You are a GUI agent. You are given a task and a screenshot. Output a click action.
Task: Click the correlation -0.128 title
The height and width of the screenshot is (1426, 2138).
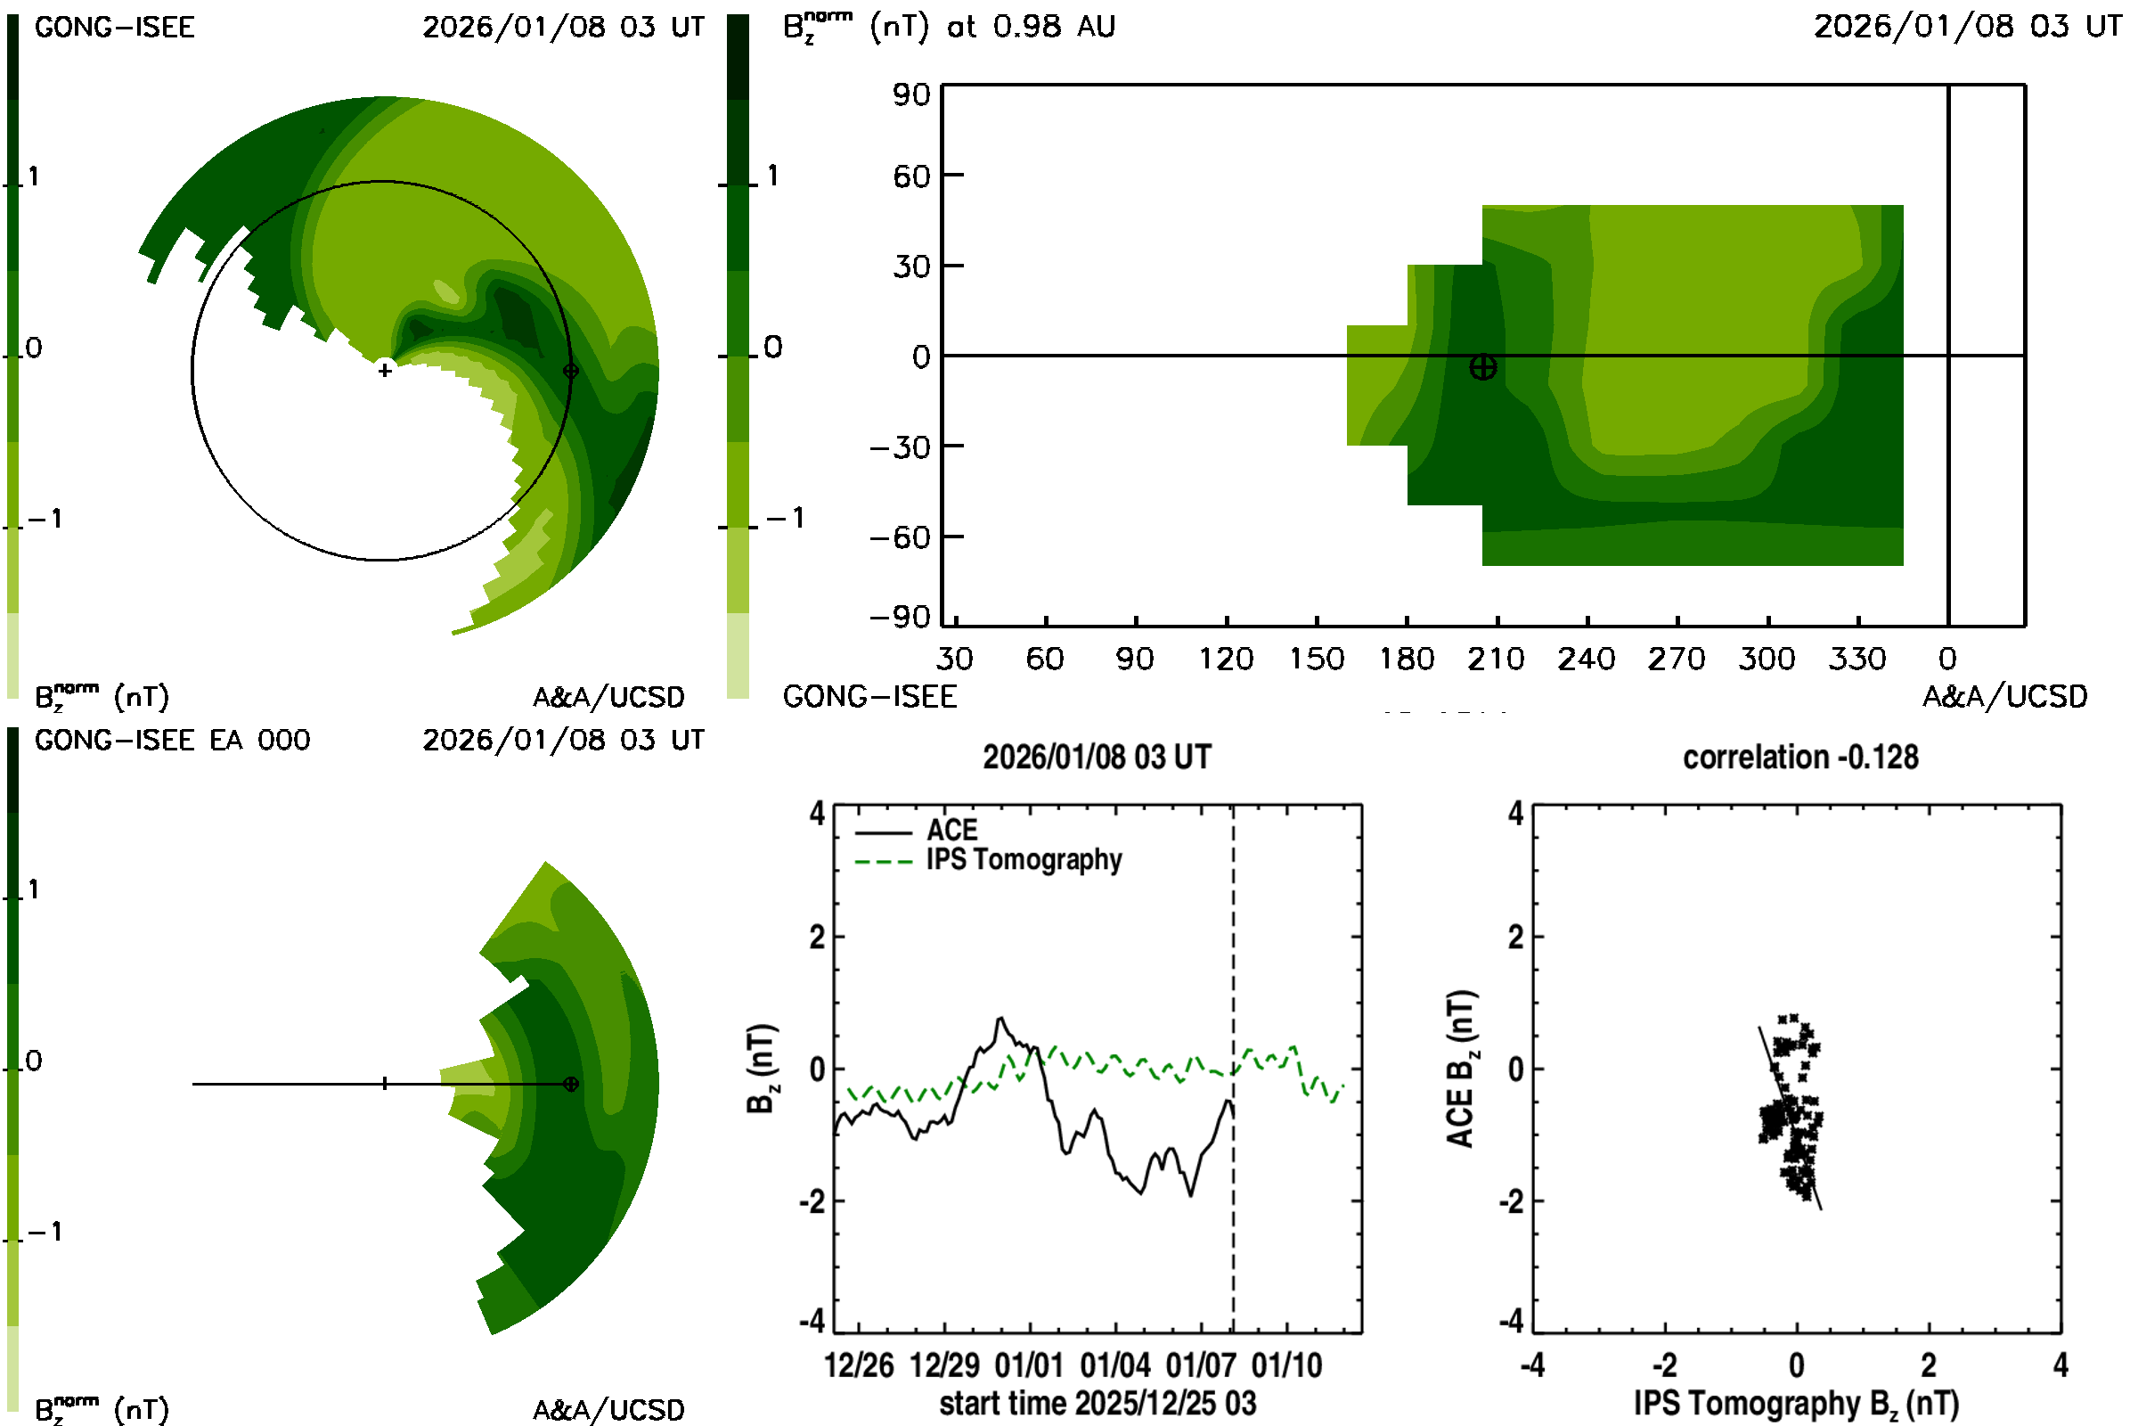pos(1799,758)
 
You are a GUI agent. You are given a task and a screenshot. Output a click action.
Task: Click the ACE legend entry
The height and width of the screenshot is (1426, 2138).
pos(951,831)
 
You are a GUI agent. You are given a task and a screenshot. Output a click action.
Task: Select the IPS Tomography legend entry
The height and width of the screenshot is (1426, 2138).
pos(1024,859)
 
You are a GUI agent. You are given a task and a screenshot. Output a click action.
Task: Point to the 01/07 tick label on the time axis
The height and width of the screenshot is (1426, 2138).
pos(1201,1365)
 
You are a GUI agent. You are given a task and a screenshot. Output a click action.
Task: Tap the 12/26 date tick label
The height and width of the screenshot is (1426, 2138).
pos(859,1365)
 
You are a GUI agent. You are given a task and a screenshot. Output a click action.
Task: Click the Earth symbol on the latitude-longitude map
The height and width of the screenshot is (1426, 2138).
pos(1482,367)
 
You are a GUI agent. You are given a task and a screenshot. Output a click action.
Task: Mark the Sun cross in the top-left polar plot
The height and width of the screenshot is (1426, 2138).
pos(386,370)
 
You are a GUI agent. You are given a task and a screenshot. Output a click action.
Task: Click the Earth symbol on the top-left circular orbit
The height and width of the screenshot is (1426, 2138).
pos(571,370)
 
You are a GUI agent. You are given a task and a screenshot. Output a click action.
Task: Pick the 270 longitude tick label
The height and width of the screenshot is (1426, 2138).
pos(1677,659)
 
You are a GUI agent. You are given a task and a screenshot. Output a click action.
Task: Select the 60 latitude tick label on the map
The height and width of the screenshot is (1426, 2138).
pos(911,176)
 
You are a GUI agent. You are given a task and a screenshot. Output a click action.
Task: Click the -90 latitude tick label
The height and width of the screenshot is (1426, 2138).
pos(901,618)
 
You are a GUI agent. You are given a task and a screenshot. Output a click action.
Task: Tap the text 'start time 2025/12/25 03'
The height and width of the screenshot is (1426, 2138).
pos(1098,1403)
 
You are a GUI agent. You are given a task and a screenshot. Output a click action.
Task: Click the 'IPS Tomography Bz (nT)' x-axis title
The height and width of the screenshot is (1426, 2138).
pos(1796,1403)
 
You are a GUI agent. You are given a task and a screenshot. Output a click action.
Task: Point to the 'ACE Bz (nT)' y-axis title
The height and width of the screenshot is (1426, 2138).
pos(1460,1069)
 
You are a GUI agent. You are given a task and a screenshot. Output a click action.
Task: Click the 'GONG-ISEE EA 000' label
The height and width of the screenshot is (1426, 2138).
pos(173,741)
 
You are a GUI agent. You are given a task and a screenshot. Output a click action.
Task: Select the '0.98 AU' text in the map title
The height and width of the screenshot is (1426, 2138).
pos(1054,27)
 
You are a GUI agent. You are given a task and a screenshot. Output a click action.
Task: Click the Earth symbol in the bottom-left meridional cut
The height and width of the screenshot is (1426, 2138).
pos(571,1084)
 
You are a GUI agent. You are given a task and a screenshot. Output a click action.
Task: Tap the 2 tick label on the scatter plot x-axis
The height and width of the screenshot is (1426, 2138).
pos(1928,1365)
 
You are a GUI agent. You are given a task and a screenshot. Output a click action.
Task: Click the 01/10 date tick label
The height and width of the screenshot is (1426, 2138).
pos(1286,1365)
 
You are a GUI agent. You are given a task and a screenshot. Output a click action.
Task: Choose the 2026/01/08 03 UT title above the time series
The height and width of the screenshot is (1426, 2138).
pos(1098,758)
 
